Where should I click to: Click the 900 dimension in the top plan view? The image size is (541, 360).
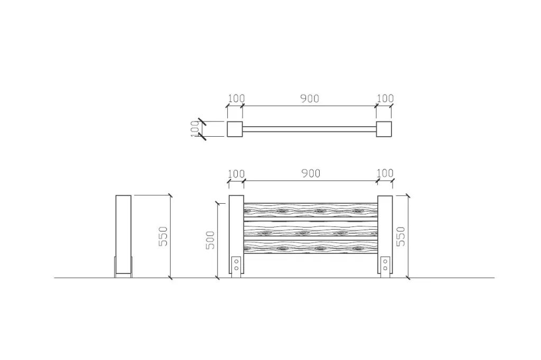tap(310, 99)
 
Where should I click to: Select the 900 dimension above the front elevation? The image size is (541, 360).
tap(311, 174)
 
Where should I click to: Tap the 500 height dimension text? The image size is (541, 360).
tap(210, 240)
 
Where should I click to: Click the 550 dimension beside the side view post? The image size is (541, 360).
tap(163, 236)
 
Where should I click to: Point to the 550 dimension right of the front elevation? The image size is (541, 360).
tap(400, 236)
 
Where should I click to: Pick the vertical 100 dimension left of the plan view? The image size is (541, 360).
tap(195, 129)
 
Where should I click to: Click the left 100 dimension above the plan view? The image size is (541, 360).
tap(236, 98)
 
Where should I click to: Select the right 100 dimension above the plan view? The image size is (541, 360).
tap(385, 98)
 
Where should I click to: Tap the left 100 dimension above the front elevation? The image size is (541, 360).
tap(236, 174)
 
